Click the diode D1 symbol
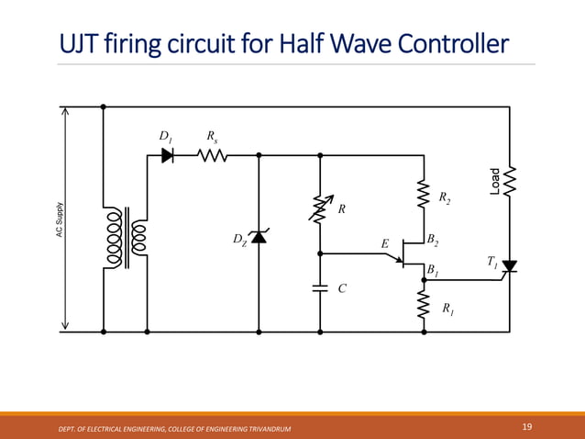pyautogui.click(x=168, y=155)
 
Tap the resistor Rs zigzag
pyautogui.click(x=213, y=155)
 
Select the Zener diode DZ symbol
pyautogui.click(x=259, y=238)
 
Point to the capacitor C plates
pyautogui.click(x=320, y=287)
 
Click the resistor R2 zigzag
pyautogui.click(x=423, y=195)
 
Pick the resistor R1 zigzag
pyautogui.click(x=423, y=307)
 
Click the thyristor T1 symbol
pyautogui.click(x=510, y=266)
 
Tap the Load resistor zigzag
pyautogui.click(x=510, y=181)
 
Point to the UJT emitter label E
pyautogui.click(x=385, y=244)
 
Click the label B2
pyautogui.click(x=433, y=241)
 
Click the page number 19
pyautogui.click(x=526, y=426)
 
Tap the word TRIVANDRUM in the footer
pyautogui.click(x=269, y=429)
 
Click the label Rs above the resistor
pyautogui.click(x=213, y=137)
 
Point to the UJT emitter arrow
pyautogui.click(x=401, y=260)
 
